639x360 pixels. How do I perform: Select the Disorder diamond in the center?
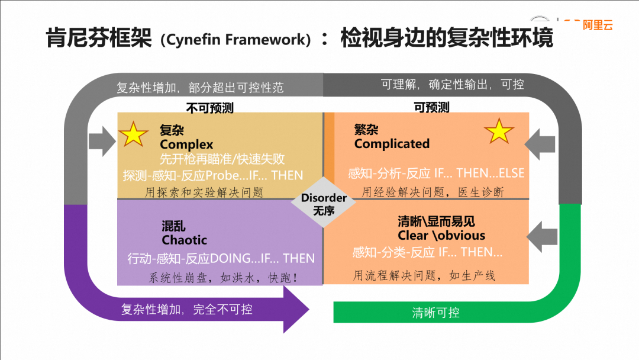324,202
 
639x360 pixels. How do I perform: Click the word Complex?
186,144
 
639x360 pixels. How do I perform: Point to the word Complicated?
392,144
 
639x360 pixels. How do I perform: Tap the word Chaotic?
185,240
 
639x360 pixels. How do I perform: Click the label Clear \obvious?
441,235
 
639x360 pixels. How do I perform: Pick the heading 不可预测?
209,108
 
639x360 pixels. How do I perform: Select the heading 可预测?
431,107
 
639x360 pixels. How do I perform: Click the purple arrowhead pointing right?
296,309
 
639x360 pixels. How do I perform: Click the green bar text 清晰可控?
435,313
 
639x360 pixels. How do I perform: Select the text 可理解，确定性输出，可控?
453,85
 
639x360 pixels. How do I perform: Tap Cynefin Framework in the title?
239,40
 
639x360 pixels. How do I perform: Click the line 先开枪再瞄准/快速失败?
222,159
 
